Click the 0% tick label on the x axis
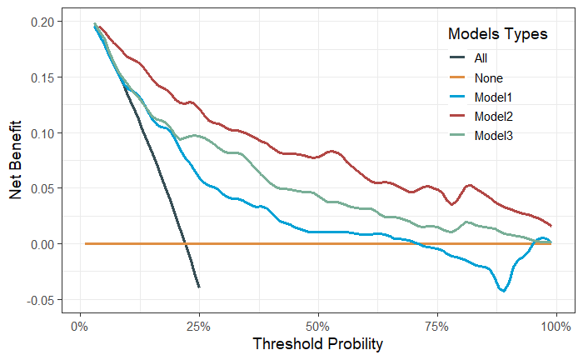(79, 324)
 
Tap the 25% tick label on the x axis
(198, 324)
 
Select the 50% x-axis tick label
(317, 324)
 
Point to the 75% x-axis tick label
(436, 324)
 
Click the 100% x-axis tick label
(556, 324)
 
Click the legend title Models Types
(497, 34)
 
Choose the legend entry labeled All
(481, 58)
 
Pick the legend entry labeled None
(489, 77)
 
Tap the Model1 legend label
(493, 97)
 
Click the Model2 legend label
(493, 116)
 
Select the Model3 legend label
(493, 135)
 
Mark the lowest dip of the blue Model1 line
(503, 291)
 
